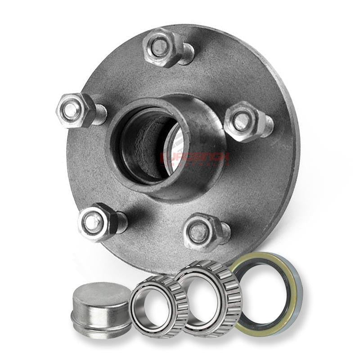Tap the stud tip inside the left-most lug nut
click(x=69, y=110)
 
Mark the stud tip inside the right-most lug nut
click(x=241, y=120)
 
